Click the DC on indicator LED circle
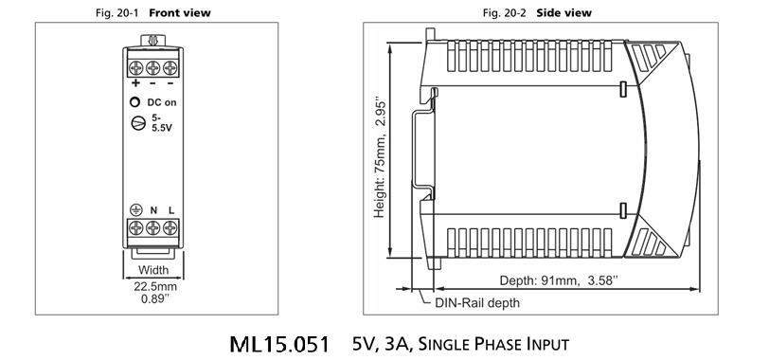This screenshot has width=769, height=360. (x=134, y=102)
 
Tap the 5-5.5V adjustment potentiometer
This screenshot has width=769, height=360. (x=138, y=123)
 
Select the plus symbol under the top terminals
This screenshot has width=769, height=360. (x=135, y=82)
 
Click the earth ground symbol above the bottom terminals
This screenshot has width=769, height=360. (x=135, y=210)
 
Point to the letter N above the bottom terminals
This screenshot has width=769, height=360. (x=153, y=210)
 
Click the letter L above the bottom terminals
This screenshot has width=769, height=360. (x=171, y=210)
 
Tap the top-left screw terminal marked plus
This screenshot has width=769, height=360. (x=135, y=67)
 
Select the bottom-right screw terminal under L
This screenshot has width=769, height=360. (x=170, y=227)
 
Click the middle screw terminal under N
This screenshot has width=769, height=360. (x=153, y=227)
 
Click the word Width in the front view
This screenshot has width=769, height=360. (x=153, y=270)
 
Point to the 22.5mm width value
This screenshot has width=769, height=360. (x=155, y=286)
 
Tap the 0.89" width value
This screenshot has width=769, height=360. (x=155, y=298)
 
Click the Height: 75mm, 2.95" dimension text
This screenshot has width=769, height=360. (x=380, y=159)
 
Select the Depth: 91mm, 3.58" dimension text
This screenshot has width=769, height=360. (x=559, y=280)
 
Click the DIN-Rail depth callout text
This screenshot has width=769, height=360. (x=477, y=302)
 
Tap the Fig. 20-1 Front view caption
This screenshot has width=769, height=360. (x=153, y=12)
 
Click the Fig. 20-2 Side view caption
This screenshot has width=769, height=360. (x=537, y=12)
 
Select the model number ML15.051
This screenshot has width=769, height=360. (x=279, y=344)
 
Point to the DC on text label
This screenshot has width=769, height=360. (x=162, y=102)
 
